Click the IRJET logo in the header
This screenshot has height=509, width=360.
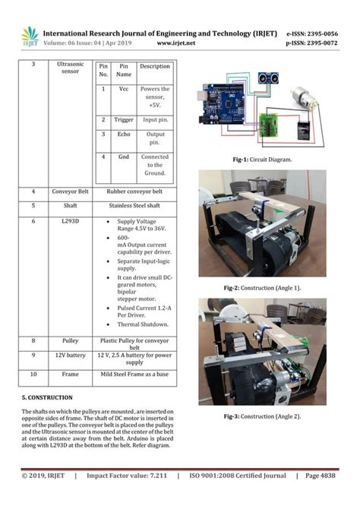point(30,36)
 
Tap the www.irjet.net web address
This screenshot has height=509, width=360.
point(175,43)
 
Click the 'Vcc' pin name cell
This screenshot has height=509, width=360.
point(124,89)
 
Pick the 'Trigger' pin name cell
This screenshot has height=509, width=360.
point(124,120)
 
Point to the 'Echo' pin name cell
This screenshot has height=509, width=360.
point(124,134)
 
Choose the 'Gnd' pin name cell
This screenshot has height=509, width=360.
point(124,156)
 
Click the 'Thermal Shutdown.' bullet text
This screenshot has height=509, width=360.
point(144,324)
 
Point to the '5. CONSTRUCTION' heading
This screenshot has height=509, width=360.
point(47,397)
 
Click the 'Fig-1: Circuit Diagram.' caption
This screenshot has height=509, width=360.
point(263,160)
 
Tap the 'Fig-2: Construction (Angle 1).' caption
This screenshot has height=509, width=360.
point(263,288)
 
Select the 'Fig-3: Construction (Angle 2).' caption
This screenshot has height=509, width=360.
point(263,416)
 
